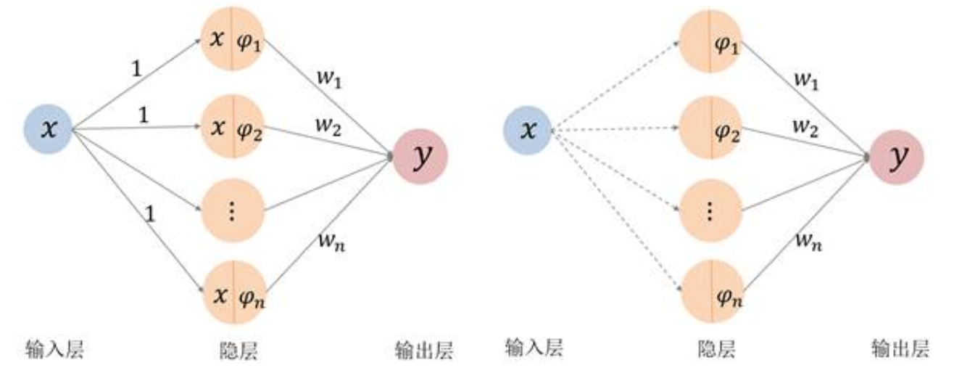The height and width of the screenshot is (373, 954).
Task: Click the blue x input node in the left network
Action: point(48,130)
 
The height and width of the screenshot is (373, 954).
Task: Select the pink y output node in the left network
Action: point(420,156)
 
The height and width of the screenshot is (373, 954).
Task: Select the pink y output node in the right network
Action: point(897,156)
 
